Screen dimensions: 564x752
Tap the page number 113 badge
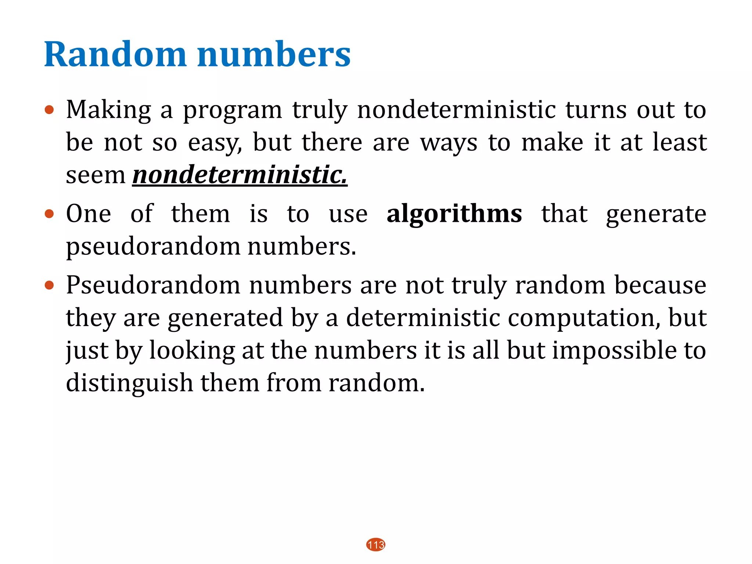click(x=376, y=545)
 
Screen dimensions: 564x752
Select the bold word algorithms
click(x=454, y=214)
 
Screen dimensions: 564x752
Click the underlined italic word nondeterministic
click(x=239, y=175)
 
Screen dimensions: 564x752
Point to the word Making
click(x=108, y=110)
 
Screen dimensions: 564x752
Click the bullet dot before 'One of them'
click(x=49, y=214)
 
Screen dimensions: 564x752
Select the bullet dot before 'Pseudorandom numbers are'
click(x=49, y=285)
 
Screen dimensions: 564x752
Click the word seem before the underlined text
click(x=96, y=176)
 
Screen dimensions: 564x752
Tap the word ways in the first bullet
click(x=449, y=143)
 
